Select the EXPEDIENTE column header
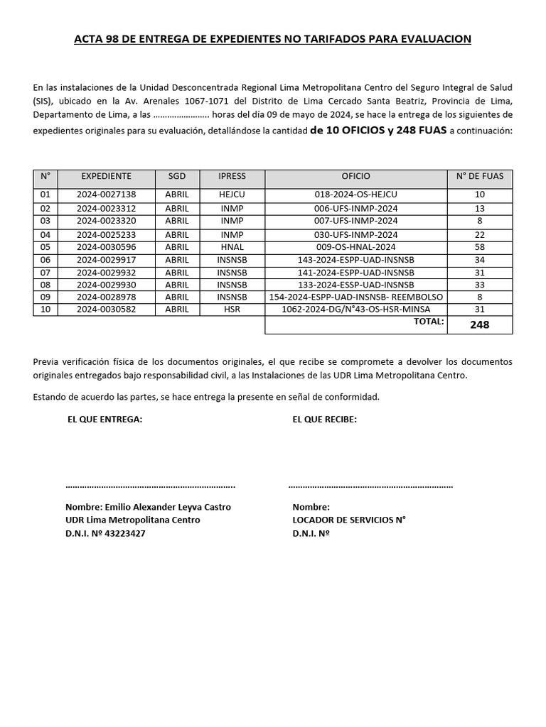(106, 176)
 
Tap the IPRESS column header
(232, 176)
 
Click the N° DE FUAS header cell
(479, 176)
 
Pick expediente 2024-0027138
(106, 195)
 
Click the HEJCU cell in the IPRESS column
(232, 195)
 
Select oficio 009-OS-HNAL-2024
(355, 247)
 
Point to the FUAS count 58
(479, 247)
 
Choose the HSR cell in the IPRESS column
(232, 309)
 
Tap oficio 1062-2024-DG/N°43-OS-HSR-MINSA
(355, 309)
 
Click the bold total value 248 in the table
(479, 325)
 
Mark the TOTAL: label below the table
(429, 322)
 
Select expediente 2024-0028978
(106, 296)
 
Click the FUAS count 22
(479, 234)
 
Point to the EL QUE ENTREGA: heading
(105, 419)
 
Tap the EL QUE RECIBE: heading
(325, 419)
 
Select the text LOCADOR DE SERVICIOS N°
(348, 520)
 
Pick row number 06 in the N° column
(45, 260)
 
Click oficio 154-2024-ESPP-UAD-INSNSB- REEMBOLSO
(355, 296)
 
